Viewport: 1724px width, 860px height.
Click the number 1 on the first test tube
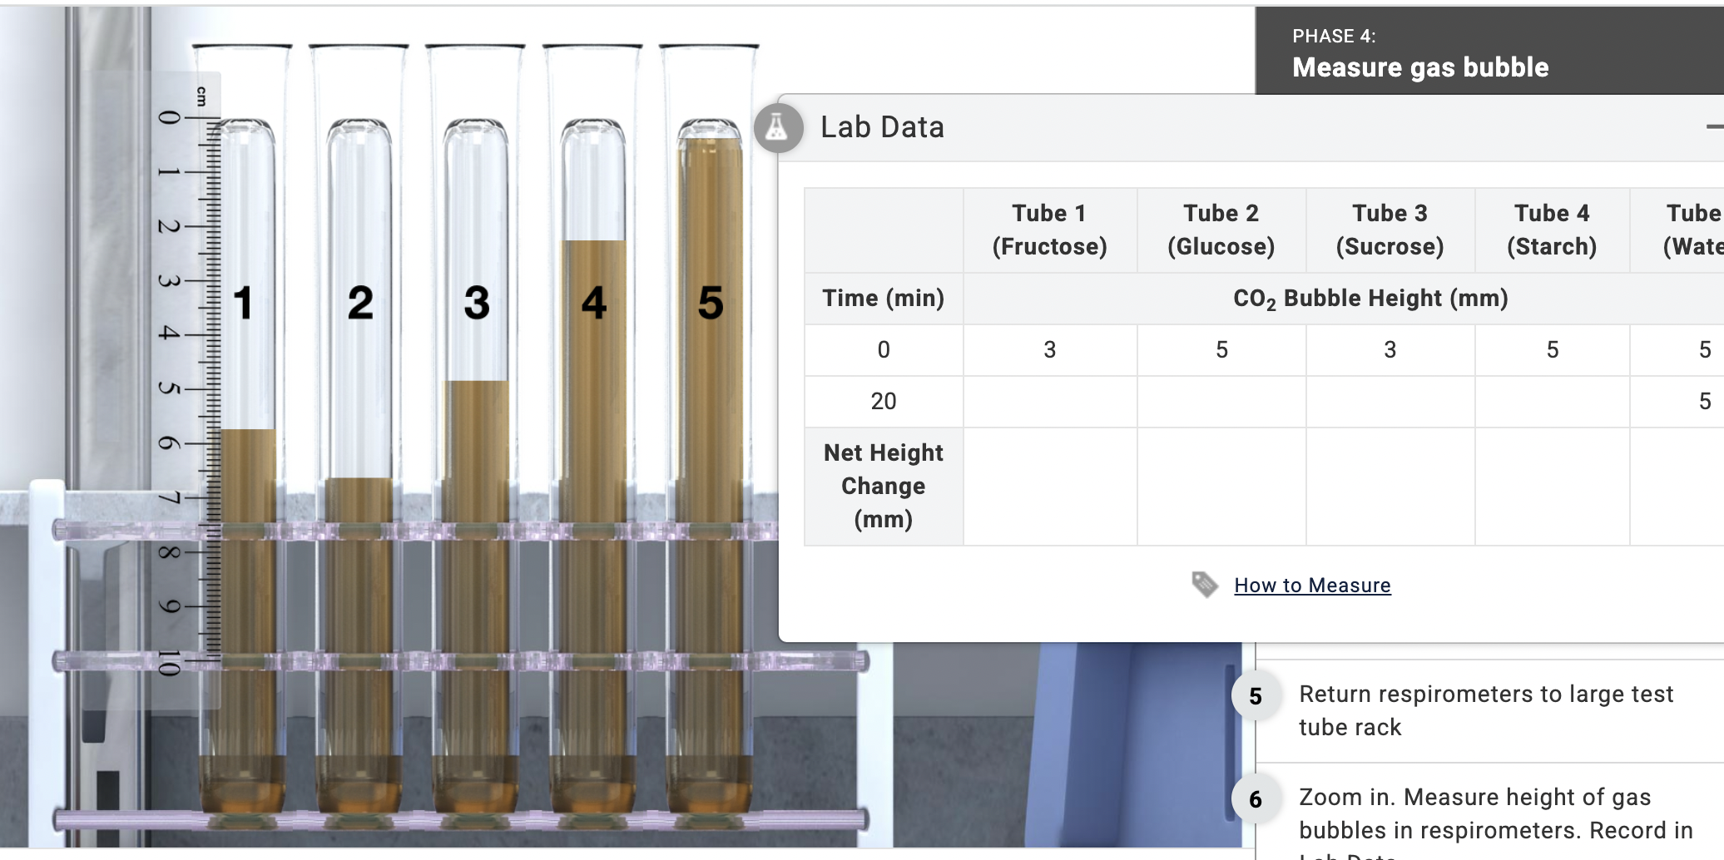click(x=243, y=303)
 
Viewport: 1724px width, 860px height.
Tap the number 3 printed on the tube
click(x=477, y=303)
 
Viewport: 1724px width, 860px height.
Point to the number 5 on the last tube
click(x=711, y=303)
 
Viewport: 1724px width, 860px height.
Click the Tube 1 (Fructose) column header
click(x=1049, y=230)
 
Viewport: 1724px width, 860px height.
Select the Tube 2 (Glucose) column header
click(x=1221, y=230)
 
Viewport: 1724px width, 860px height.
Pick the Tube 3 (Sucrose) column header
click(x=1390, y=230)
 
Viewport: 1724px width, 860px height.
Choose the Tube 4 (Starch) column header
click(x=1552, y=230)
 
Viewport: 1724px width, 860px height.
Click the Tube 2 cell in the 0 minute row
click(x=1221, y=350)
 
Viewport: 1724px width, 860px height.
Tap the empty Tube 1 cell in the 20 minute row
click(x=1049, y=402)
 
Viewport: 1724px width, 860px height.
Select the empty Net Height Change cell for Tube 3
click(x=1390, y=487)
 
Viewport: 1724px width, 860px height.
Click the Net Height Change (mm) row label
click(x=883, y=487)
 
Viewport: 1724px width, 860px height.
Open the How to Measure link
click(x=1312, y=586)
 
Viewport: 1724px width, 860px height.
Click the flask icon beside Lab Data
click(x=777, y=127)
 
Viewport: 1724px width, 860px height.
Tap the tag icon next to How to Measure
click(x=1204, y=584)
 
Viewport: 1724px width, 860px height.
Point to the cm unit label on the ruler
click(x=201, y=96)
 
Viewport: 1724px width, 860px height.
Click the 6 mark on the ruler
click(x=169, y=443)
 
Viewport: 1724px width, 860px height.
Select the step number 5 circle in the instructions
click(x=1256, y=696)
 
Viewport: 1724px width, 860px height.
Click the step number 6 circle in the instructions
click(x=1256, y=799)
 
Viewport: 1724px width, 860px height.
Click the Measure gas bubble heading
click(x=1420, y=67)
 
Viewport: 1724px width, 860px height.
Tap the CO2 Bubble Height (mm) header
click(x=1370, y=299)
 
